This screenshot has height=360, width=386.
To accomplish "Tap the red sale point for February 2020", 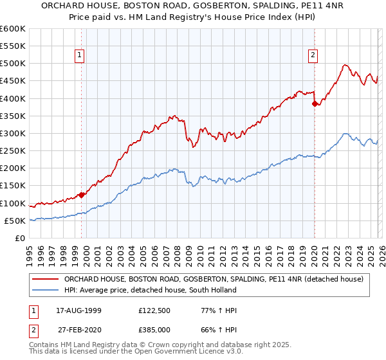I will click(x=315, y=104).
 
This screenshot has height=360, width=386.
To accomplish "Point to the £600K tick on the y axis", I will click(x=12, y=29).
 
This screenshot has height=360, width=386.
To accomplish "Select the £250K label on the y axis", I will click(x=12, y=151).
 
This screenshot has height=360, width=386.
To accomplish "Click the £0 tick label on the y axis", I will click(x=21, y=238).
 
